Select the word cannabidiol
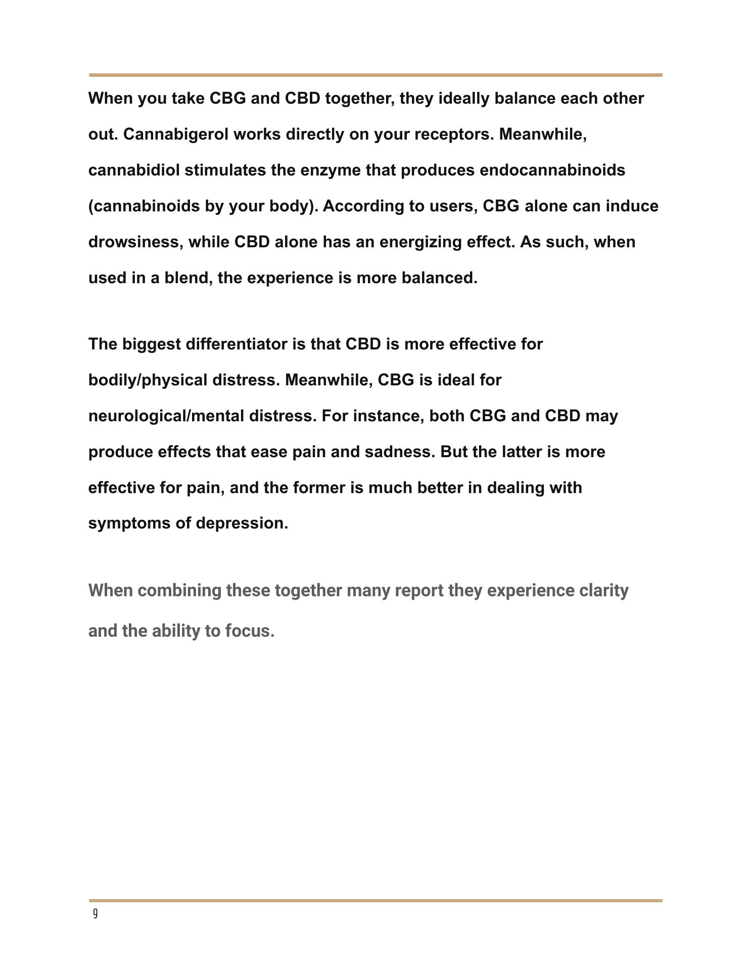coord(134,170)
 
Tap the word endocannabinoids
coord(552,170)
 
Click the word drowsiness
coord(133,242)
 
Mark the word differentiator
coord(237,344)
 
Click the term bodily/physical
coord(148,380)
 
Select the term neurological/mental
coord(166,416)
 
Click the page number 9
coord(95,914)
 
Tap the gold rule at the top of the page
coord(375,75)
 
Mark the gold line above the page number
coord(375,901)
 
